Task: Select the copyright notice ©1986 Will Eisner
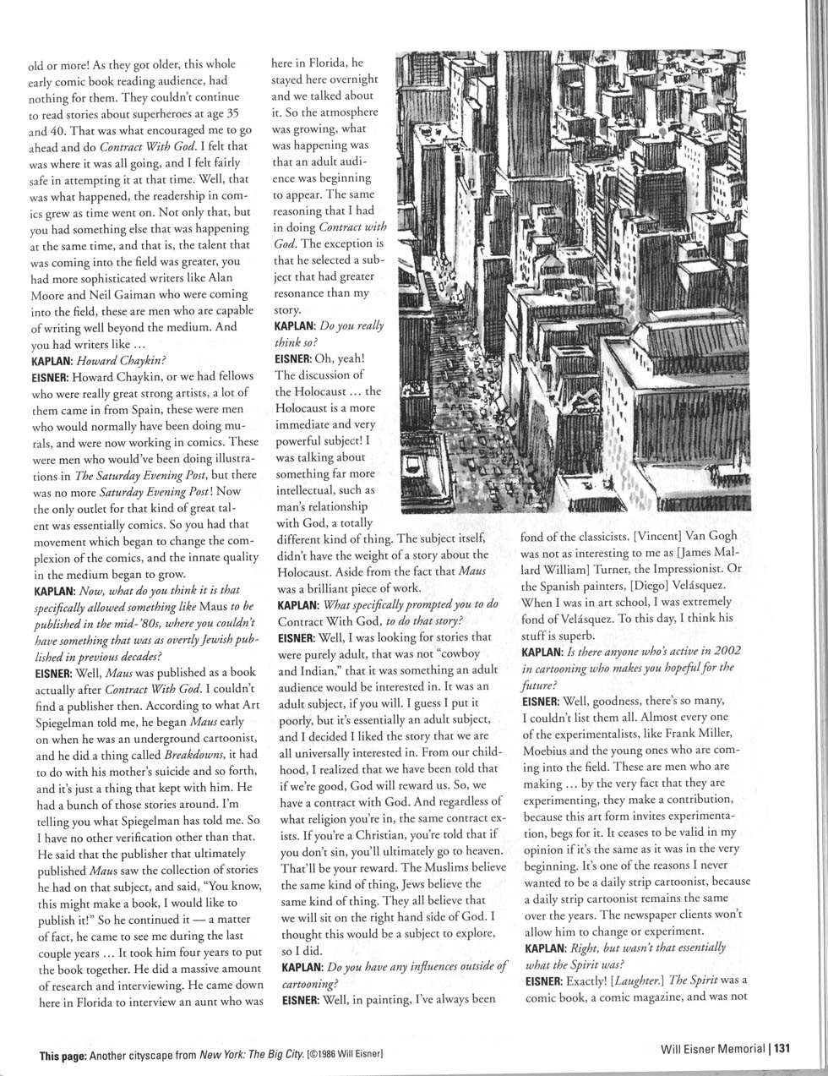(343, 1055)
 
